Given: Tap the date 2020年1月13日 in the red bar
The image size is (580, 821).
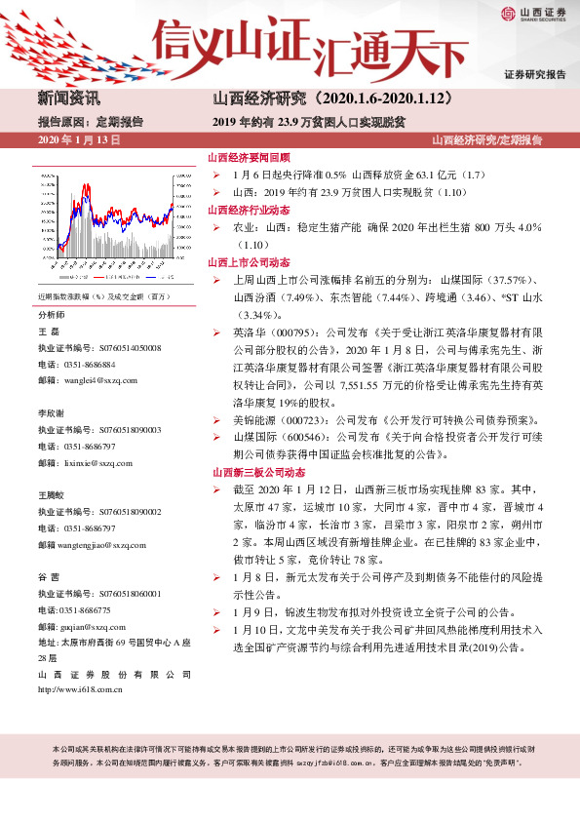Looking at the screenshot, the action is click(79, 140).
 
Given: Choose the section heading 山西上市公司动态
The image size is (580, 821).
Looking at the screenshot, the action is click(244, 262).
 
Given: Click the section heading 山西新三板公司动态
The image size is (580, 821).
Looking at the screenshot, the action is click(250, 471).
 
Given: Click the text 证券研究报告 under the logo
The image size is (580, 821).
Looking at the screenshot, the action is click(535, 75).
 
